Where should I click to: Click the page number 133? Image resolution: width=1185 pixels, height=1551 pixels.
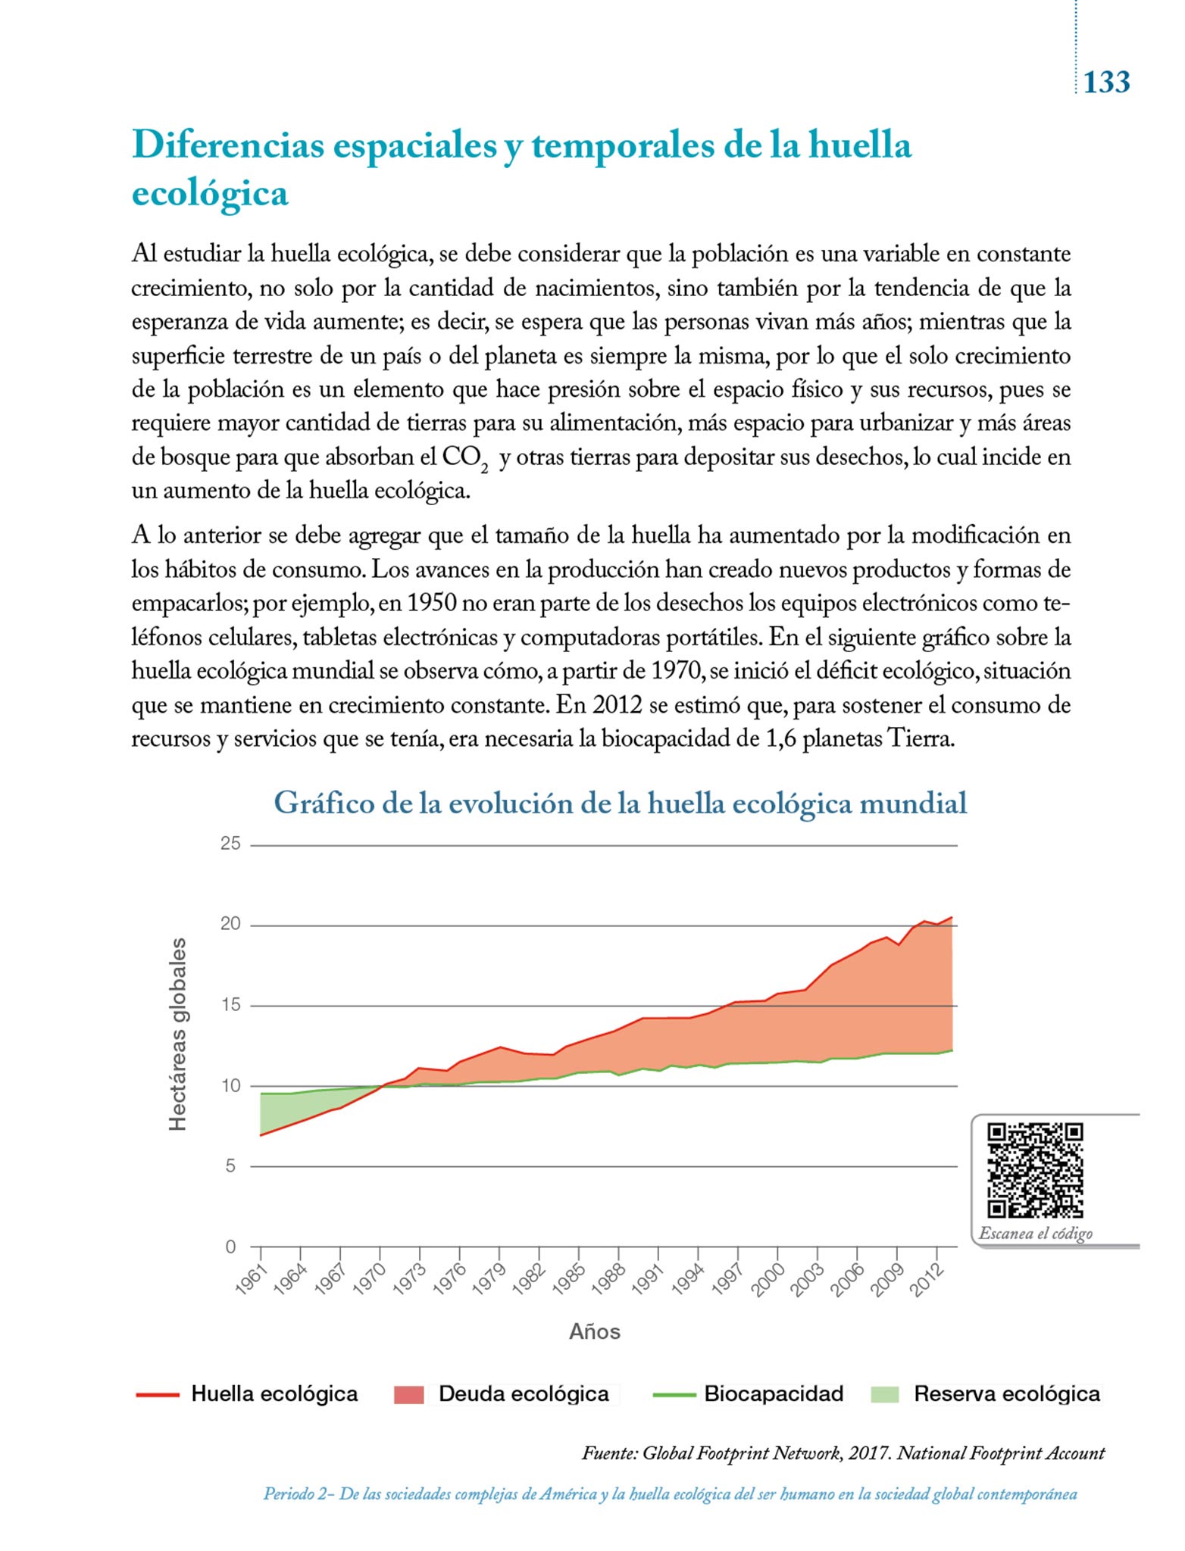point(1106,82)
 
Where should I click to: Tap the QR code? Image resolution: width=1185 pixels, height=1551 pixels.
point(1035,1170)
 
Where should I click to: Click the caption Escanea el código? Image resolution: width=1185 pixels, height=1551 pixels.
point(1035,1233)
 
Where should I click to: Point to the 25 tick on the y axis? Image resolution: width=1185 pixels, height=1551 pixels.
point(230,844)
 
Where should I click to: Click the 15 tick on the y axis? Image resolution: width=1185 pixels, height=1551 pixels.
point(230,1005)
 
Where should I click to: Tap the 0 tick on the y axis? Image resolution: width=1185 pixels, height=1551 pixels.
point(231,1247)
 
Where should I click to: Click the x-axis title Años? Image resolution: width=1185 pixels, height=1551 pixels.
point(595,1332)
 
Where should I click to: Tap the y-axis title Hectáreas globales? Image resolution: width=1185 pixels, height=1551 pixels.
point(177,1035)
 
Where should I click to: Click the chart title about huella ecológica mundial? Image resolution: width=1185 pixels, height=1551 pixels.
point(620,803)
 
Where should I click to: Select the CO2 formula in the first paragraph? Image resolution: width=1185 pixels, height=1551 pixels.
point(464,459)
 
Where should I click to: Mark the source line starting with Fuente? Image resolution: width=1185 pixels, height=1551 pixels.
point(843,1453)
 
